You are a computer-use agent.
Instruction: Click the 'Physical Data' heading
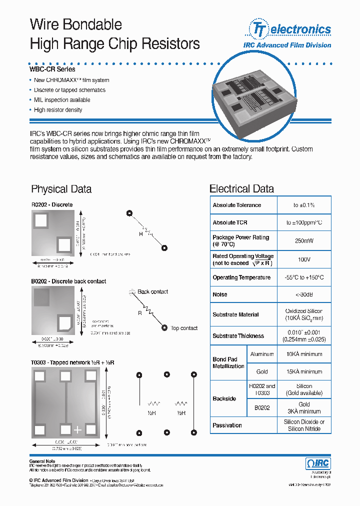pos(61,189)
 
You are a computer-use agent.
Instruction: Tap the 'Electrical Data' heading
pos(241,189)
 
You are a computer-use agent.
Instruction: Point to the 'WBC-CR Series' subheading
pos(52,69)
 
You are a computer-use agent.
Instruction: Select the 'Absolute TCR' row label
pos(230,222)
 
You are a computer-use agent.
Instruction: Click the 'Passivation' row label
pos(227,425)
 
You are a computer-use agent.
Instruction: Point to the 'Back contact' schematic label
pos(152,291)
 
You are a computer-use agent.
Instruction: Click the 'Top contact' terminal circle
pos(164,328)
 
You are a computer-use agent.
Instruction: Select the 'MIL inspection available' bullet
pos(61,100)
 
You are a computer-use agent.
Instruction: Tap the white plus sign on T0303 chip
pos(77,430)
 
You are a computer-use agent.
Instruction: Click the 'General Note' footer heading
pos(42,461)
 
